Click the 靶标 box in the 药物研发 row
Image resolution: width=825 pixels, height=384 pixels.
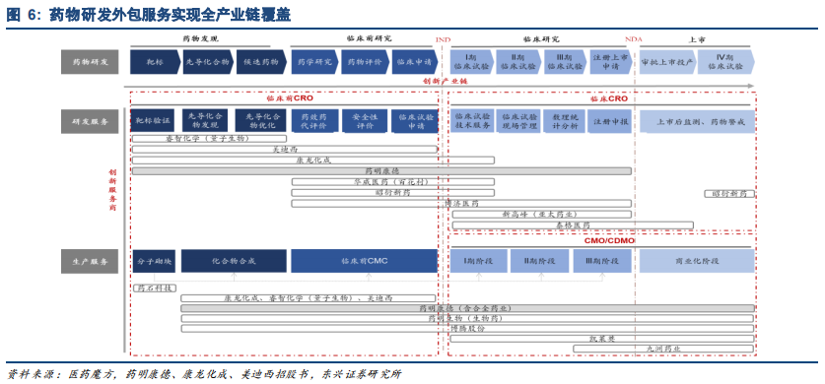155,62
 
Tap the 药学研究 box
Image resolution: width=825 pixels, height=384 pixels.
314,62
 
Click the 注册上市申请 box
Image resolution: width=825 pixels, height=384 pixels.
610,62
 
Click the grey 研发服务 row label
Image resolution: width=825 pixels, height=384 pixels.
92,121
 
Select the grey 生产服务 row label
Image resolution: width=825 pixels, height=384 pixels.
92,261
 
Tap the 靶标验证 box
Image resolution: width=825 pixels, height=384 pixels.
153,121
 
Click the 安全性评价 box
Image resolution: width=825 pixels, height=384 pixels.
365,121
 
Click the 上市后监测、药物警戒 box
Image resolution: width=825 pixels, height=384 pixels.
698,121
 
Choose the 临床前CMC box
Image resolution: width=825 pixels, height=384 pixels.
365,261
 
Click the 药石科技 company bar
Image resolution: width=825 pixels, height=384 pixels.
154,288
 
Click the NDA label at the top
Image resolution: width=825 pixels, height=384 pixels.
633,39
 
